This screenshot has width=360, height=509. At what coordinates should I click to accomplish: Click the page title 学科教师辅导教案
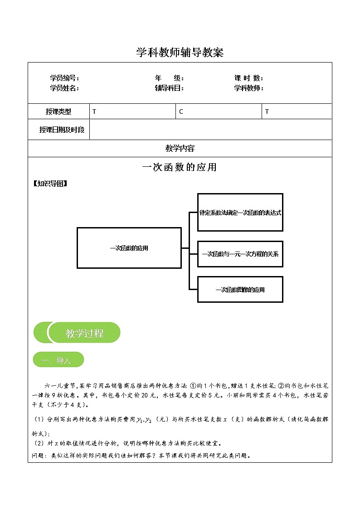tap(180, 53)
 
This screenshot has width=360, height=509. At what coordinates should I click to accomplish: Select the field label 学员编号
tap(64, 78)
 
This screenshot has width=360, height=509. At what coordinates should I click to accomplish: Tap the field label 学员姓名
tap(64, 88)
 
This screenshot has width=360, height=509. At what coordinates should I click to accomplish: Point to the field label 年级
tap(169, 78)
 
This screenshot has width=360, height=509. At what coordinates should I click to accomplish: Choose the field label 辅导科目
tap(169, 88)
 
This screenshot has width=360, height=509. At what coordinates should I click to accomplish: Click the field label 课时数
tap(248, 78)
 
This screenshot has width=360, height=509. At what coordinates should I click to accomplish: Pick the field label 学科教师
tap(248, 88)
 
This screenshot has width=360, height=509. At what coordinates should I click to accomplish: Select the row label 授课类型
tap(58, 111)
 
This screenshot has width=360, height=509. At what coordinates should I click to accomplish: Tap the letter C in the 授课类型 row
tap(181, 111)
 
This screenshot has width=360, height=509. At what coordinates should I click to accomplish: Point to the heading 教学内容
tap(180, 148)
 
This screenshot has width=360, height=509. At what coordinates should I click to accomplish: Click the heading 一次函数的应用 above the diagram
tap(180, 167)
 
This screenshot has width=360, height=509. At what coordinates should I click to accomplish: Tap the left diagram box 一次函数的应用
tap(129, 248)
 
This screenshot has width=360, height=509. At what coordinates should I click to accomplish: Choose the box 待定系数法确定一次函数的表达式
tap(240, 213)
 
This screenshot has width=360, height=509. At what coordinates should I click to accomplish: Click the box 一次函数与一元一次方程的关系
tap(240, 254)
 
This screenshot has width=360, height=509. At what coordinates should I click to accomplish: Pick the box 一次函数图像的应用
tap(240, 290)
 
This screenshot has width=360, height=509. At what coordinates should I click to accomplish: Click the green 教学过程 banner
tap(84, 333)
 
